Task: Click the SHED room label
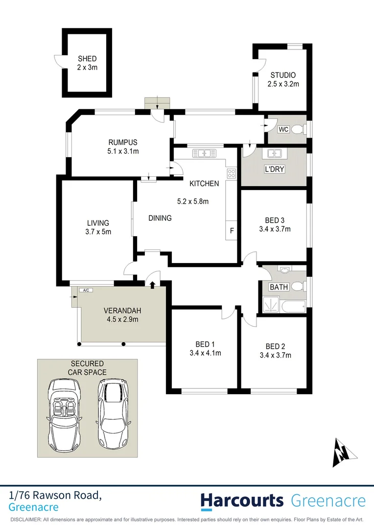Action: click(x=87, y=59)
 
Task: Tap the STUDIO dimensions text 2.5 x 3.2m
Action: click(x=283, y=84)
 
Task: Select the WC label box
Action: click(x=284, y=130)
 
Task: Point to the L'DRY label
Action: click(x=275, y=169)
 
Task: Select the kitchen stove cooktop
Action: click(x=231, y=173)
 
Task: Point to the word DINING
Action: click(x=160, y=218)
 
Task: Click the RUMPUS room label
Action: click(x=123, y=143)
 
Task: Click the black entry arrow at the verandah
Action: click(x=153, y=284)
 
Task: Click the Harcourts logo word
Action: click(x=242, y=501)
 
